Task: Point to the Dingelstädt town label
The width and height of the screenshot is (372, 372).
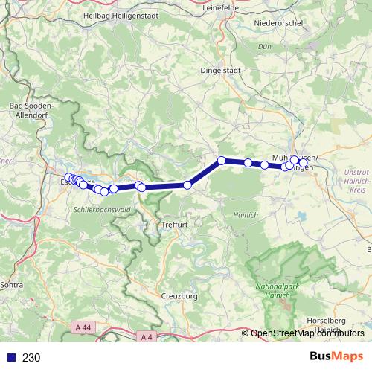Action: pyautogui.click(x=222, y=71)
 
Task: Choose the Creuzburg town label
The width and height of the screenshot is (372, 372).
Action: pyautogui.click(x=179, y=296)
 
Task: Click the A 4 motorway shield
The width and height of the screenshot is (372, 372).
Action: pyautogui.click(x=147, y=336)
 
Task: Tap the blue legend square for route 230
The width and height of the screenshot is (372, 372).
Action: pyautogui.click(x=10, y=357)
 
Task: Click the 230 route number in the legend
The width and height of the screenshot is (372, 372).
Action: pyautogui.click(x=31, y=357)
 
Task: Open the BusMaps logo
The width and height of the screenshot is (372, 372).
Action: pyautogui.click(x=336, y=356)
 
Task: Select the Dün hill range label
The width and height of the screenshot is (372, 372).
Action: pyautogui.click(x=264, y=46)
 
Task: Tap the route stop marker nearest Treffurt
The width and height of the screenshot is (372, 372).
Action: pyautogui.click(x=187, y=185)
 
